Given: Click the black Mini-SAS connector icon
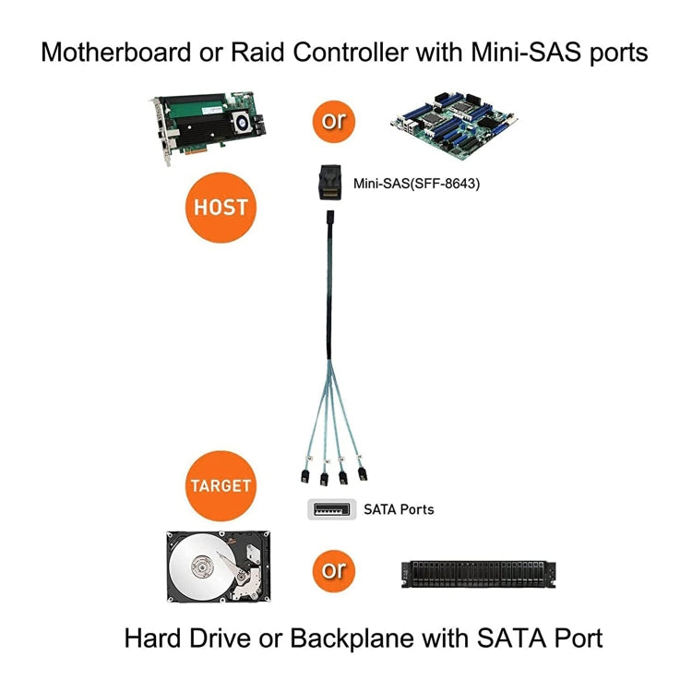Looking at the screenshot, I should [x=328, y=184].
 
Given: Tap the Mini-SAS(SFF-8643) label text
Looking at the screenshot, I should [x=416, y=184].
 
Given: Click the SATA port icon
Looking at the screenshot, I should [x=331, y=508].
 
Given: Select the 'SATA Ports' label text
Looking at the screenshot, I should [x=399, y=509].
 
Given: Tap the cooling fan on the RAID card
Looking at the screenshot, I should [x=243, y=120].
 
